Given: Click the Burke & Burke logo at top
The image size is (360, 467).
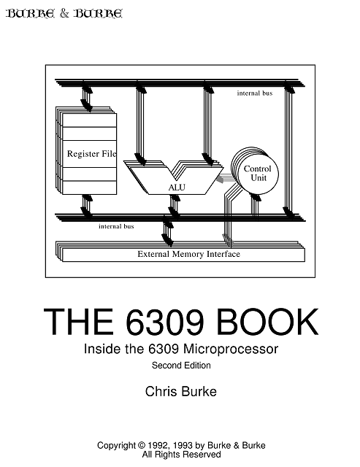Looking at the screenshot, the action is click(x=64, y=13).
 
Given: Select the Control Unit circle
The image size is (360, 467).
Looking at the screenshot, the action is click(x=258, y=174).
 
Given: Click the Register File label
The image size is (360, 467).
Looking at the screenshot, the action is click(x=91, y=154).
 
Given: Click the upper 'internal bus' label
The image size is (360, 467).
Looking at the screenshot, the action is click(x=255, y=93).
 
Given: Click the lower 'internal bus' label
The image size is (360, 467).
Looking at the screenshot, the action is click(x=116, y=226).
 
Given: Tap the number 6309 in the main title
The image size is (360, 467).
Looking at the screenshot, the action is click(x=165, y=322).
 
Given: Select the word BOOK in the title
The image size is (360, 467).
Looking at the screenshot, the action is click(x=267, y=322).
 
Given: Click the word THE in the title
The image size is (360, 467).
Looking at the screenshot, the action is click(x=79, y=322).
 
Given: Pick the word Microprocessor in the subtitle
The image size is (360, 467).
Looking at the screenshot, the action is click(x=230, y=349).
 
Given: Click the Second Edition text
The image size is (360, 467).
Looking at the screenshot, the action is click(x=181, y=366).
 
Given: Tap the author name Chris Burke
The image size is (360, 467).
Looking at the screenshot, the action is click(x=181, y=391).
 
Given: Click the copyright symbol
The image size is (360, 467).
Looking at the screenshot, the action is click(x=141, y=446).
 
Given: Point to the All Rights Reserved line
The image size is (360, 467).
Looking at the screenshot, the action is click(x=181, y=455).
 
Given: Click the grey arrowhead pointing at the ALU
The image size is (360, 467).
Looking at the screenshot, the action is click(x=221, y=180).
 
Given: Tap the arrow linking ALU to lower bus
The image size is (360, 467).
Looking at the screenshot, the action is click(x=175, y=207).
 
